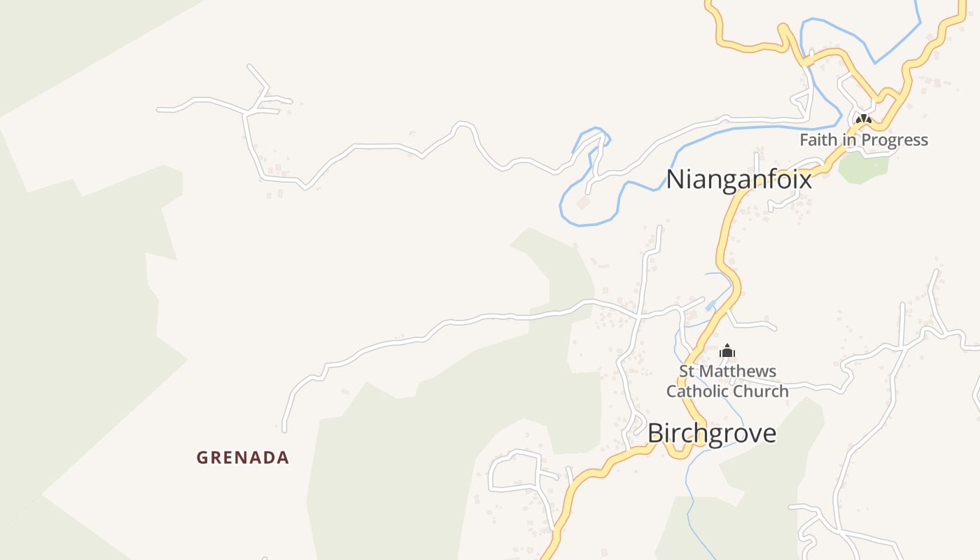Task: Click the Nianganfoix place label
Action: (x=738, y=179)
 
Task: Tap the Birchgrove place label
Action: (x=712, y=433)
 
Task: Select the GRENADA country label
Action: (x=242, y=458)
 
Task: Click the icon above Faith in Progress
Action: (x=864, y=120)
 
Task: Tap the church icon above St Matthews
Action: (x=727, y=351)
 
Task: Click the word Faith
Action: (x=818, y=140)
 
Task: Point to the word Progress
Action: (x=895, y=140)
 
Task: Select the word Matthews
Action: (x=739, y=371)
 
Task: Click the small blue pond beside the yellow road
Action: (x=710, y=306)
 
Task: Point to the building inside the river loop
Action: (x=582, y=202)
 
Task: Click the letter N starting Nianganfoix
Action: (x=675, y=179)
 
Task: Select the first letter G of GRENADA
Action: (x=202, y=458)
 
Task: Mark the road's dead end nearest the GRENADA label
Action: (x=284, y=429)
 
